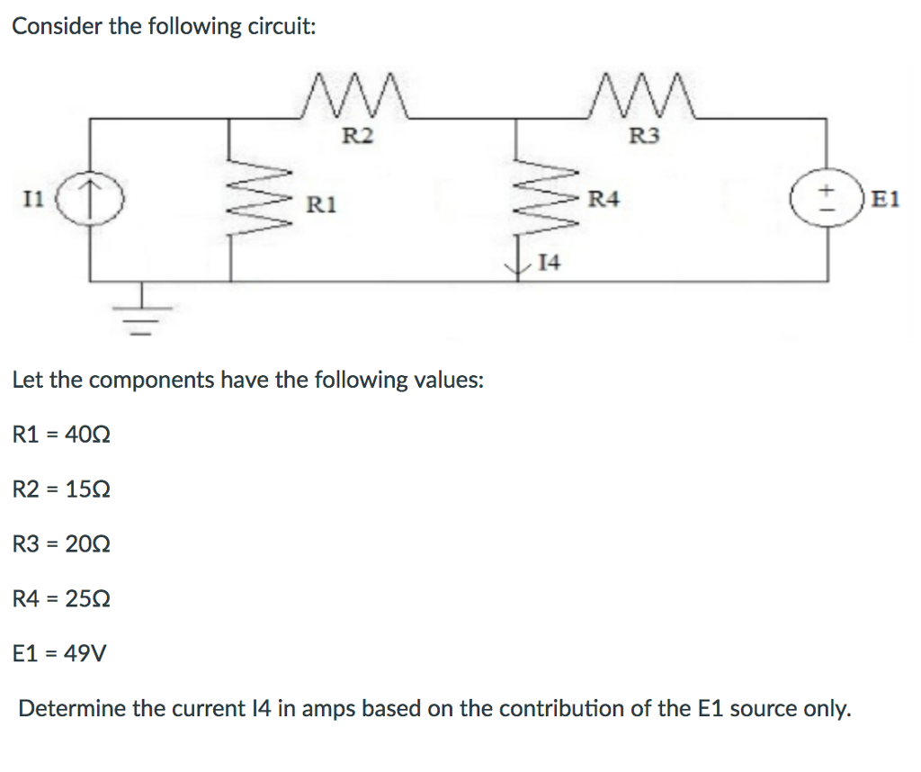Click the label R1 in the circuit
pos(321,204)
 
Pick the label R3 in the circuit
pos(644,137)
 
